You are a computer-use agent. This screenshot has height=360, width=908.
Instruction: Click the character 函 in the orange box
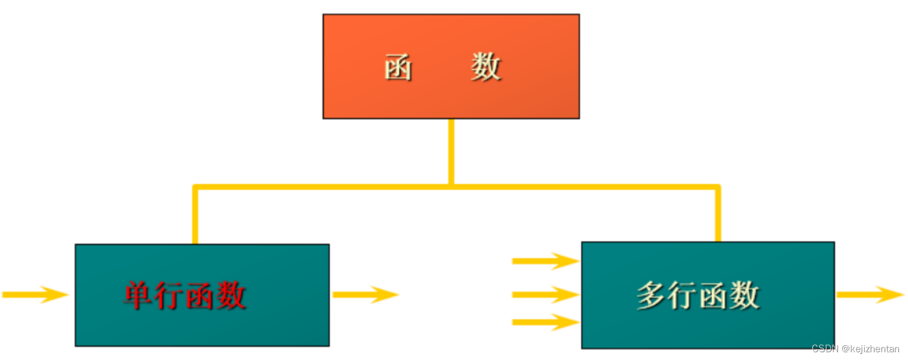click(398, 67)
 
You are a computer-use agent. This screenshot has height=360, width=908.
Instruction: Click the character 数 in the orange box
click(485, 67)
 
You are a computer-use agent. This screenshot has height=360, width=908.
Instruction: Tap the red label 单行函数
click(185, 295)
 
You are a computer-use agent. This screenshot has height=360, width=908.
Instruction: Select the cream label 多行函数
click(698, 295)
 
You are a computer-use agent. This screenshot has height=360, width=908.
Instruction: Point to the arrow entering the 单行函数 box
click(35, 294)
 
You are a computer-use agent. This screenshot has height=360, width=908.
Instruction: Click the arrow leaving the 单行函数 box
click(365, 294)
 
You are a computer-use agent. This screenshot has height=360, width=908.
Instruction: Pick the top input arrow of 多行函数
click(545, 261)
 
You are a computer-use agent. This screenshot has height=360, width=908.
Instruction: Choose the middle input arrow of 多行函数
click(545, 294)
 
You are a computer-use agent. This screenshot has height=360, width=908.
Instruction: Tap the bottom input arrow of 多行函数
click(545, 322)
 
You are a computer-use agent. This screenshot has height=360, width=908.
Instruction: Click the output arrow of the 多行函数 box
click(870, 294)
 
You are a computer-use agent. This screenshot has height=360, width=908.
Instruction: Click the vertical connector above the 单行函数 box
click(195, 215)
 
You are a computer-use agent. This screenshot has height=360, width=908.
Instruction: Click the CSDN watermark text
click(824, 349)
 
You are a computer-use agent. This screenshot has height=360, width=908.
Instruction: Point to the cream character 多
click(651, 295)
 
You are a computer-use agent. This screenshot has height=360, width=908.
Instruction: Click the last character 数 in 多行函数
click(744, 295)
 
